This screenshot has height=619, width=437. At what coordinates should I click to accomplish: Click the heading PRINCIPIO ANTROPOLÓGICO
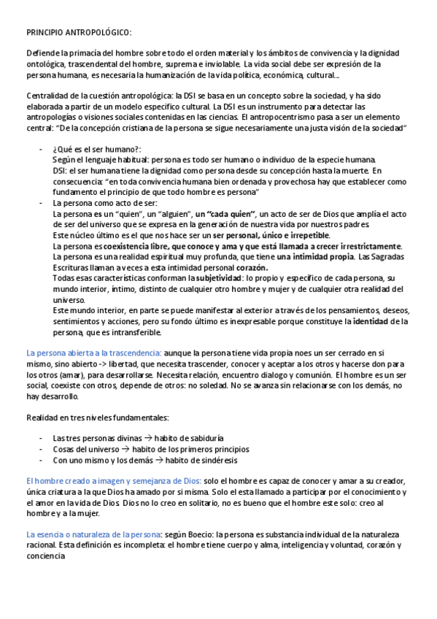[x=79, y=34]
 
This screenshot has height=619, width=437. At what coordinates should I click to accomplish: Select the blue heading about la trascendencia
[x=94, y=353]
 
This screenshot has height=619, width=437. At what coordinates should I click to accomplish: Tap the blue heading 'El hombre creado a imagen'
[x=112, y=481]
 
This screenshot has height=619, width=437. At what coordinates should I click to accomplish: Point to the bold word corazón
[x=241, y=268]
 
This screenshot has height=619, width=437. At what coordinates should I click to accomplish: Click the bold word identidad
[x=372, y=321]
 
